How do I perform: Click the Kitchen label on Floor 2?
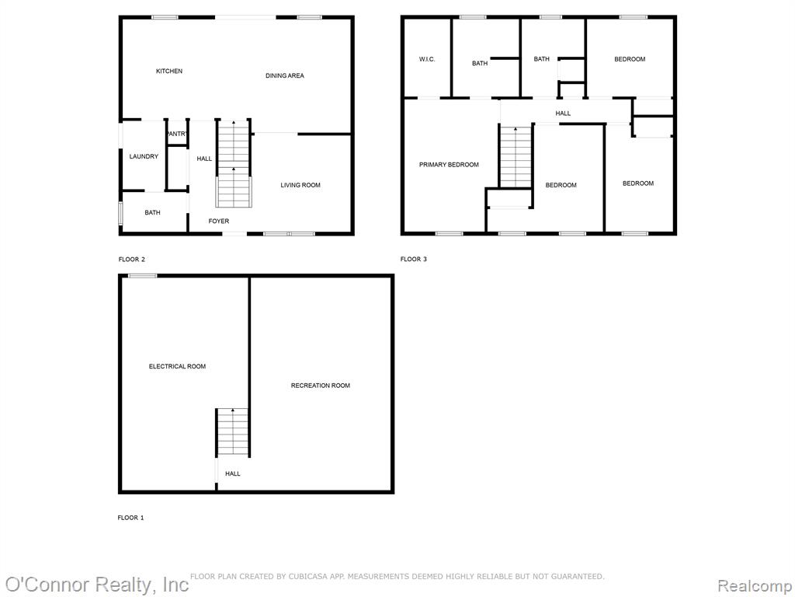point(168,71)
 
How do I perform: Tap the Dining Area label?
point(284,75)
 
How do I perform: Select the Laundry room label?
point(144,156)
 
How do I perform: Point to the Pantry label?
point(177,134)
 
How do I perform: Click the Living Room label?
point(300,185)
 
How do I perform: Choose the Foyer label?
point(218,222)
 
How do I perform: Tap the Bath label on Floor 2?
point(152,213)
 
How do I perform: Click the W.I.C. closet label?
point(426,59)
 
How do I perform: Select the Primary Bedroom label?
point(449,165)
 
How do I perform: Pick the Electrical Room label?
point(177,367)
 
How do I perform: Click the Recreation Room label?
point(320,386)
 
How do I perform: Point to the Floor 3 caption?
point(413,260)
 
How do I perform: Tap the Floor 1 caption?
point(130,518)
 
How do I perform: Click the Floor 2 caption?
point(131,260)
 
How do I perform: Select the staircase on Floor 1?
point(233,432)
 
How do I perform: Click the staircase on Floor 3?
point(516,157)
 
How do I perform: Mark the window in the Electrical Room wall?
point(143,276)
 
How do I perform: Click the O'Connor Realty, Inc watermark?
point(97,585)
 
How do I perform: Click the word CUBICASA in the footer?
point(307,577)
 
